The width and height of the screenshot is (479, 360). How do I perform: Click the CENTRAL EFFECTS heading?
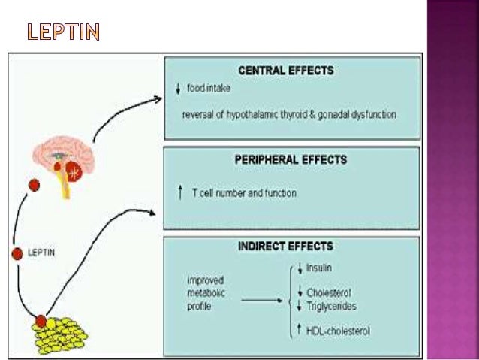point(285,71)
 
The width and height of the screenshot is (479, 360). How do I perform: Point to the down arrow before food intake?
point(178,89)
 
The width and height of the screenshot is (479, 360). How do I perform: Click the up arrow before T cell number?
point(180,193)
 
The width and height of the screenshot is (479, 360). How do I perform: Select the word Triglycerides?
point(331,306)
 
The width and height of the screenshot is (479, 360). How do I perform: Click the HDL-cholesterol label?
point(339,331)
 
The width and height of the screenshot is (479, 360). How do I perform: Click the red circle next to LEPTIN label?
point(17,253)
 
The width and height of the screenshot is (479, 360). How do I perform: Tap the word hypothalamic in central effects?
point(254,114)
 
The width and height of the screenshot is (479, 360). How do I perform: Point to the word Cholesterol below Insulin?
point(330,293)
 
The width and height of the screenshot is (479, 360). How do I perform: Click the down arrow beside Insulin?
point(299,268)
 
